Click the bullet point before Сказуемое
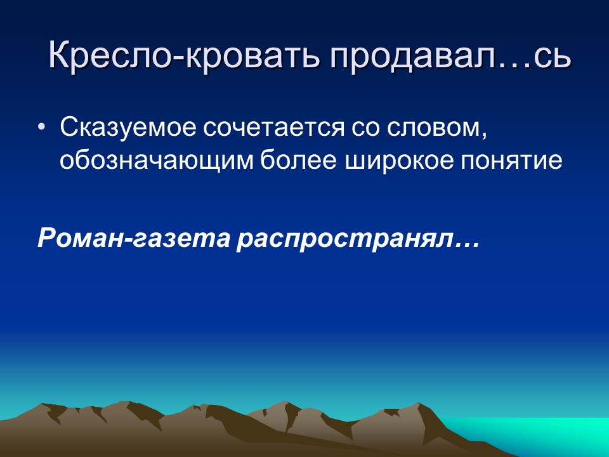tap(42, 129)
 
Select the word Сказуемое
tap(126, 128)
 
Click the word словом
tap(428, 128)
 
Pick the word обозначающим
tap(155, 160)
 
